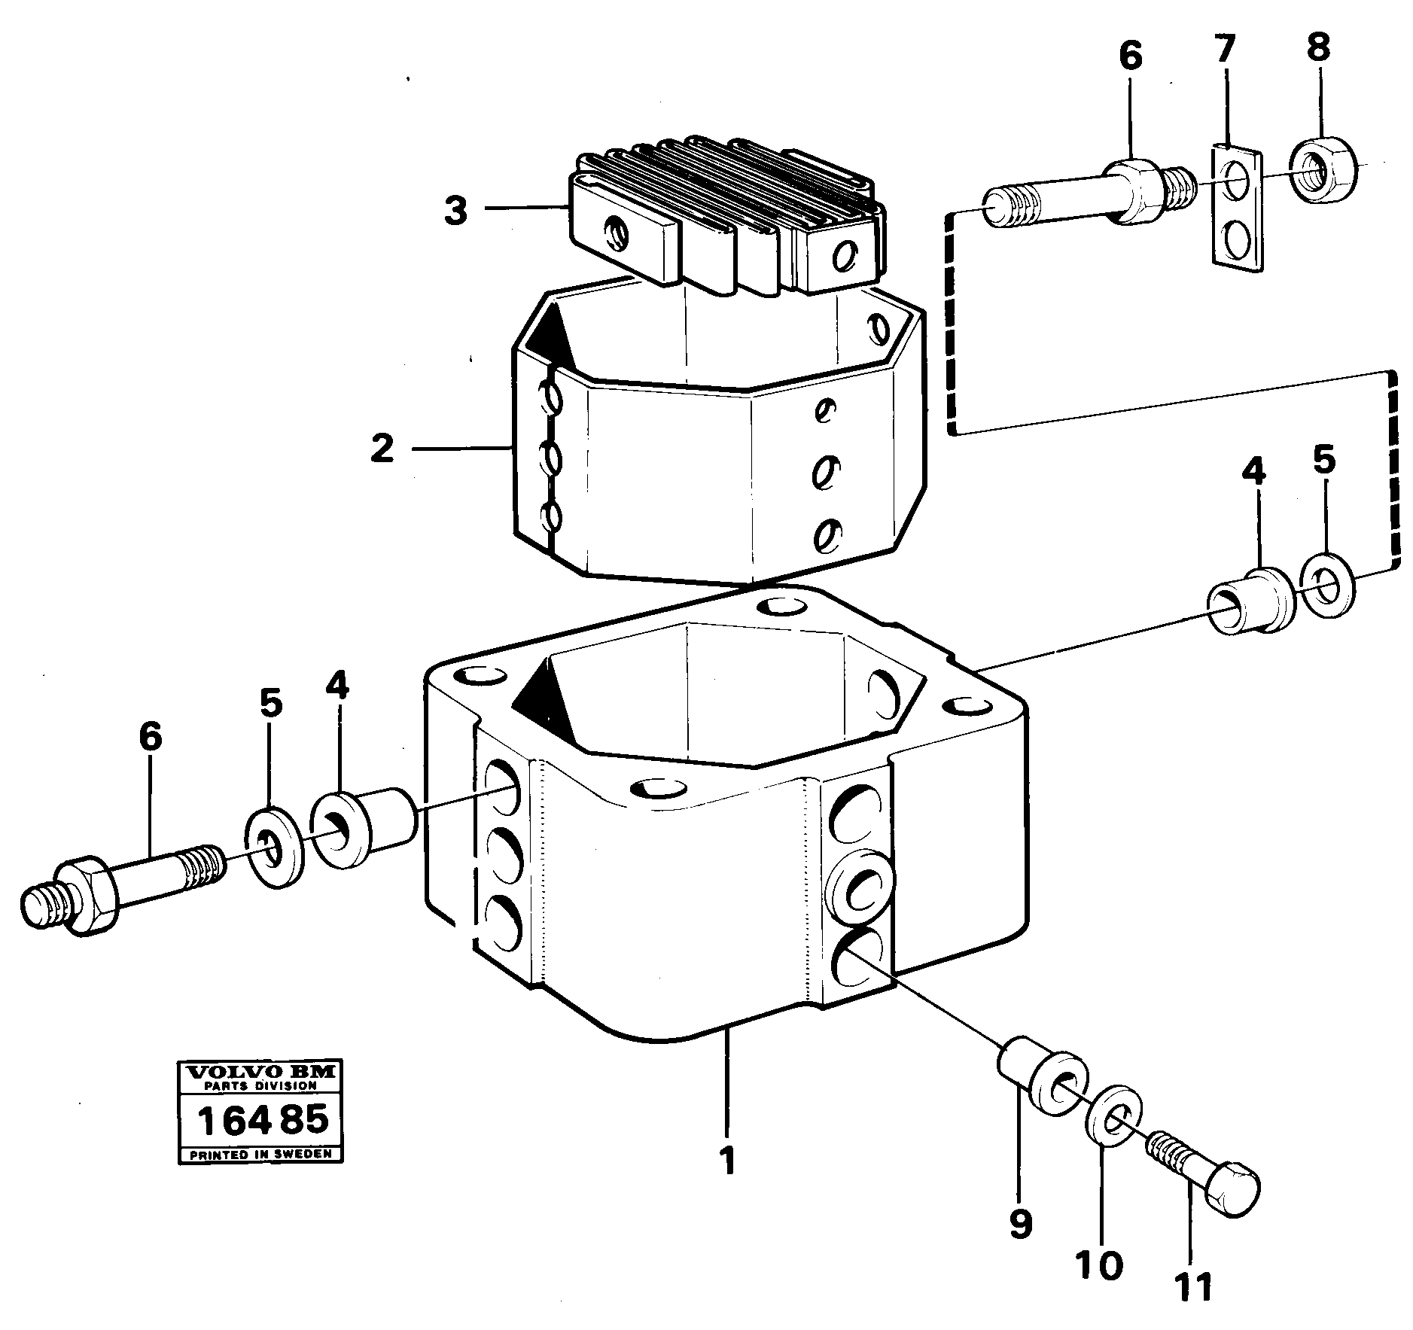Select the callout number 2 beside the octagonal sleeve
tap(382, 449)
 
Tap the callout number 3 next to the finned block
tap(455, 212)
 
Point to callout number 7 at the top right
tap(1225, 50)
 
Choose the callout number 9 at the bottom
tap(1020, 1224)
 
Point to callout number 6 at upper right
tap(1131, 57)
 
